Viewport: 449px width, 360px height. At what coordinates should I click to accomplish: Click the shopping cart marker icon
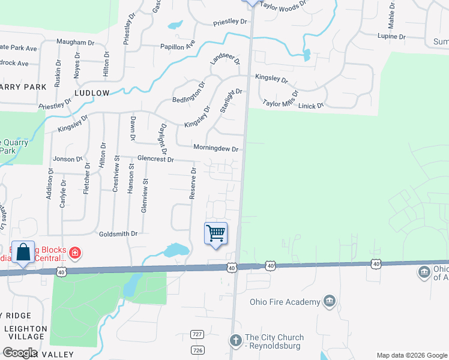click(x=215, y=233)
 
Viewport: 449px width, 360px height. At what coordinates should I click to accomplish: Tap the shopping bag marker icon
click(x=23, y=253)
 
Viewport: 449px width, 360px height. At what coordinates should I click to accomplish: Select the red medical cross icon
click(x=74, y=253)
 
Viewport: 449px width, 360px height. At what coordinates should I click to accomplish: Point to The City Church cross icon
click(x=236, y=340)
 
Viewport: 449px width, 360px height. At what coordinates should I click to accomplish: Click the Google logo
click(x=20, y=353)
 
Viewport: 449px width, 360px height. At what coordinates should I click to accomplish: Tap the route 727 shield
click(x=197, y=334)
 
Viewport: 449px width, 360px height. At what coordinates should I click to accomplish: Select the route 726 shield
click(x=197, y=349)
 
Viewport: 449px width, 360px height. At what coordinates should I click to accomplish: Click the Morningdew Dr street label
click(x=215, y=148)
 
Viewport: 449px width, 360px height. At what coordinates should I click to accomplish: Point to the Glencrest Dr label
click(x=155, y=160)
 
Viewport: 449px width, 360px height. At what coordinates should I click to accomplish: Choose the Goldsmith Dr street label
click(x=118, y=233)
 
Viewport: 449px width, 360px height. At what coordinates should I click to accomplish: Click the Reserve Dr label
click(x=193, y=183)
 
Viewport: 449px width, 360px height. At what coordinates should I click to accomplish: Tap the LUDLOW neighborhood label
click(x=92, y=93)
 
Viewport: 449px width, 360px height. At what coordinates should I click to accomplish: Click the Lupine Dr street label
click(x=391, y=37)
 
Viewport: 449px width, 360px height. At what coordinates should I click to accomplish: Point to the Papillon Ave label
click(x=178, y=46)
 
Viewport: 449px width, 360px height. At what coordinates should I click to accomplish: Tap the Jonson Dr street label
click(x=67, y=159)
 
